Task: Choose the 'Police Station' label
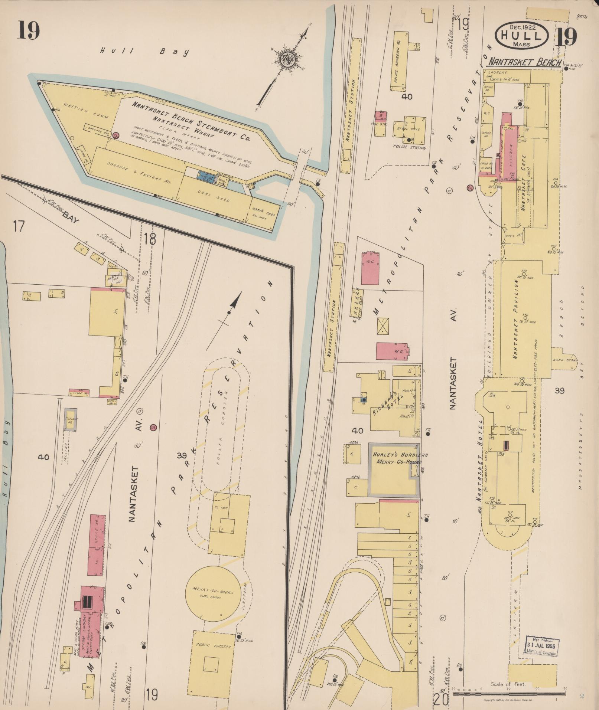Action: (x=409, y=147)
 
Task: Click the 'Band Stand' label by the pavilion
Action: (x=562, y=360)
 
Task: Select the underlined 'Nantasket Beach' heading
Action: (x=524, y=62)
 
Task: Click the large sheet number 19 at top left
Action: (x=28, y=30)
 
